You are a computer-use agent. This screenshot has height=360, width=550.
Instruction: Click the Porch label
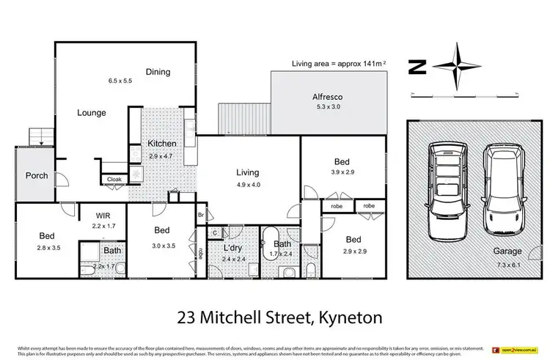tap(37, 175)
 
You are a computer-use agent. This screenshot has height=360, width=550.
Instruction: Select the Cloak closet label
tap(114, 179)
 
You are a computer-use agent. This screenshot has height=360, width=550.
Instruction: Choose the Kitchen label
tap(161, 143)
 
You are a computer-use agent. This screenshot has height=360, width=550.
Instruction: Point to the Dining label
tap(158, 72)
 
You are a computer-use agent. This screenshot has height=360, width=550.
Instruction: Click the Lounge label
tap(92, 113)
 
